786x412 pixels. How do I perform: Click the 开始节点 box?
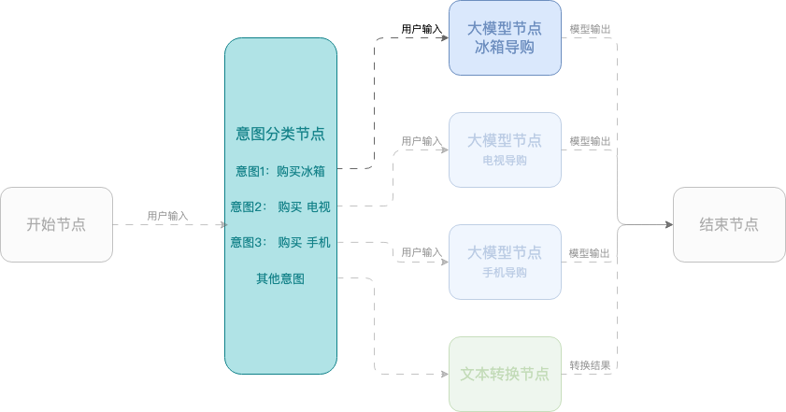56,224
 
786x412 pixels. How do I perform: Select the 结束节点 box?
729,224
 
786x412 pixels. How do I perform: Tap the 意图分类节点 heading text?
280,134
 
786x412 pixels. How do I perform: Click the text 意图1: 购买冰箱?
280,171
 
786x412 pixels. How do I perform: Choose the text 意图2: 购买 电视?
280,206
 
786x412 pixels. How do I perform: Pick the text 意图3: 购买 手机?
280,243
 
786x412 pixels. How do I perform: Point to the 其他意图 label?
280,278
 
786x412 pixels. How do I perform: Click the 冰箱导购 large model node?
505,38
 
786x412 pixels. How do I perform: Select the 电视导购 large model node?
505,149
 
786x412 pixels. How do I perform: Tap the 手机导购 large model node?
505,263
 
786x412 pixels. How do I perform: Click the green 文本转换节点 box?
505,374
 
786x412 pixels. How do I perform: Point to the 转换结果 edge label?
590,365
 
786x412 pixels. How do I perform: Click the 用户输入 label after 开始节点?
167,216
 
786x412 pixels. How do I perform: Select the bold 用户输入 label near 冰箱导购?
422,29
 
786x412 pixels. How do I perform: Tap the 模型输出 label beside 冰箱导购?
590,29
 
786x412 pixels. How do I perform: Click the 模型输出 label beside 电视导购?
590,141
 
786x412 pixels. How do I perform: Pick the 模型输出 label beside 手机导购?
590,253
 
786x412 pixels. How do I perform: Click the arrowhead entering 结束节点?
669,224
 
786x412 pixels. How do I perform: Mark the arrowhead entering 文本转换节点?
445,374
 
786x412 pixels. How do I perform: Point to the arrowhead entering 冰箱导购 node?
445,37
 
